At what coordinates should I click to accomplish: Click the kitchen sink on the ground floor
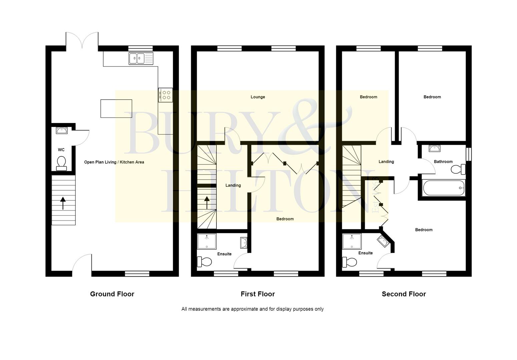pos(141,58)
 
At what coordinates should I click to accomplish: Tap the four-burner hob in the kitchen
pos(165,95)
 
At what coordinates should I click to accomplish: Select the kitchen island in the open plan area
pos(116,108)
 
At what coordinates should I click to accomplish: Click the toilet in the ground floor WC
pos(61,163)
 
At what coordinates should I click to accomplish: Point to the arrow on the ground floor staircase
pos(63,203)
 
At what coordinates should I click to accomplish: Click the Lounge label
pos(257,97)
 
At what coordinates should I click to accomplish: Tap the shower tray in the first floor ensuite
pos(207,241)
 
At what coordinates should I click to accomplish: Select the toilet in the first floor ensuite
pos(204,262)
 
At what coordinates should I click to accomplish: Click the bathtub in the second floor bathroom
pos(443,188)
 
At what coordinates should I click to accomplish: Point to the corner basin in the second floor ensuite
pos(383,241)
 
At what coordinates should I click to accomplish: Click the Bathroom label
pos(443,162)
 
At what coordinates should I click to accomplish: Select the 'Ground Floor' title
pos(112,294)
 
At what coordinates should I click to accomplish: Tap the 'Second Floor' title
pos(404,294)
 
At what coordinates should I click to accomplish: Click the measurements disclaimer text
pos(252,309)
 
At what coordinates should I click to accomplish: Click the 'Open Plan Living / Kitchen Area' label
pos(114,162)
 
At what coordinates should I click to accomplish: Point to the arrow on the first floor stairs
pos(207,202)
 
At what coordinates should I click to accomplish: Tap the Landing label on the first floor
pos(233,185)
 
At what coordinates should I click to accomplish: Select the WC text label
pos(61,150)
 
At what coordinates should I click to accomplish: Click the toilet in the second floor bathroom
pos(458,169)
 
